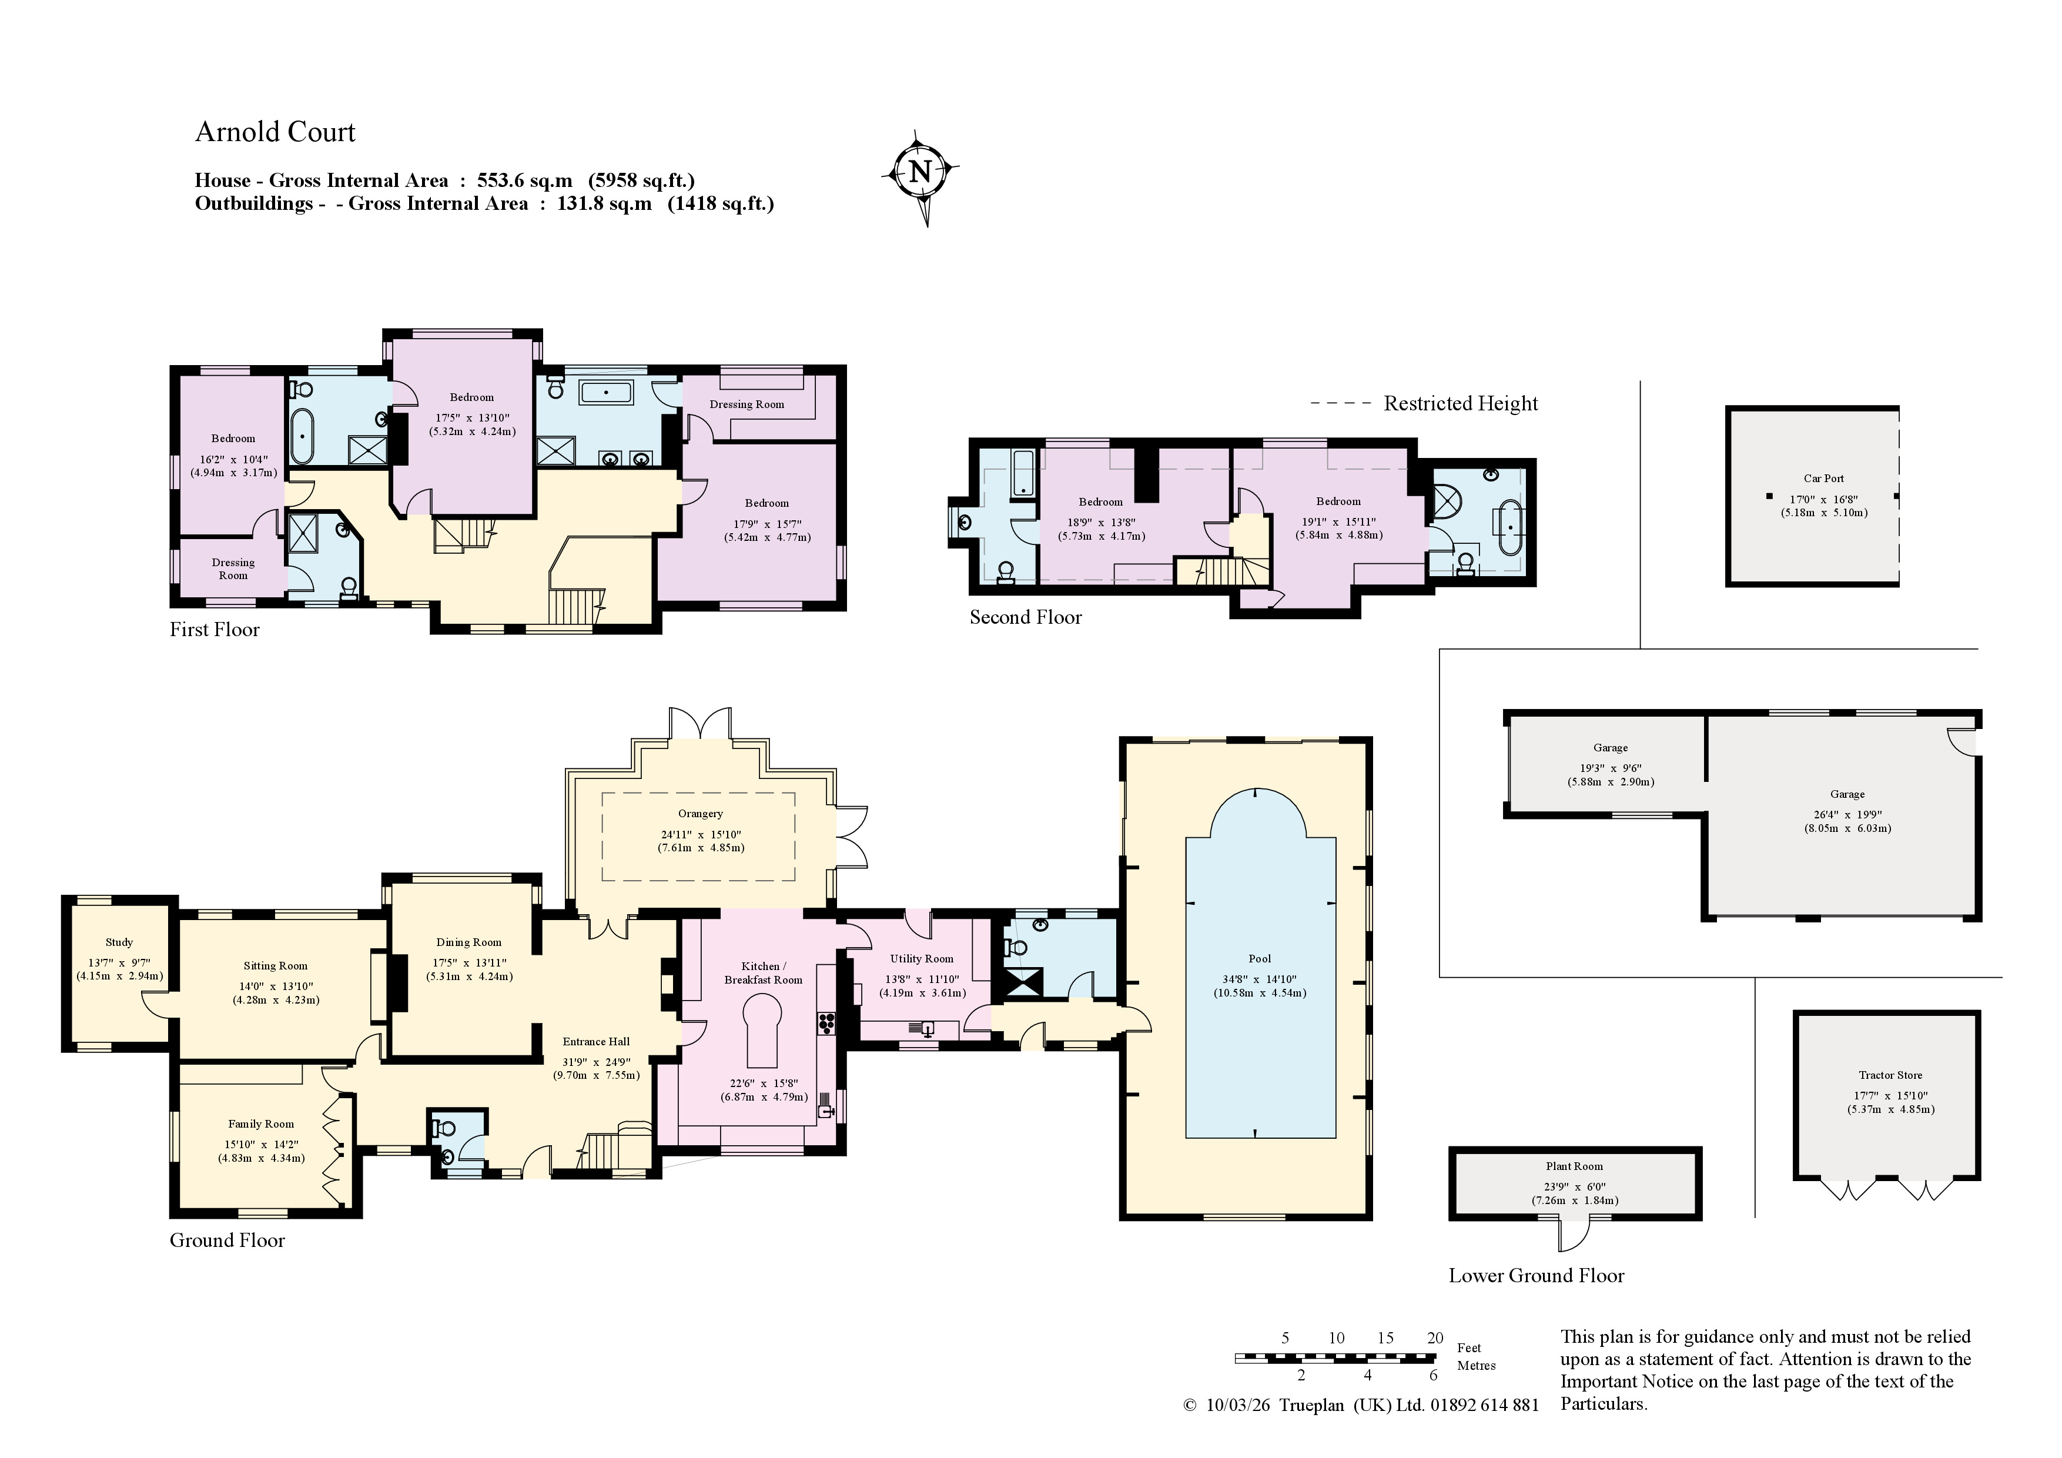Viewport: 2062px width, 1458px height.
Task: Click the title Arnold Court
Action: [275, 132]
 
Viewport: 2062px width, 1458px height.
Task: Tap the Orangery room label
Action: [701, 814]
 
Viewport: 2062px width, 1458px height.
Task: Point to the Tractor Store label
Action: [1890, 1075]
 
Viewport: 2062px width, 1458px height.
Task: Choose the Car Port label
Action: [1823, 479]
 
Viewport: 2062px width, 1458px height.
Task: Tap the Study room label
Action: [119, 942]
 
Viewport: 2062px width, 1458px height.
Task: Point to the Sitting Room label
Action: [275, 966]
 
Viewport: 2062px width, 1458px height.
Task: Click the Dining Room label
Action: [469, 942]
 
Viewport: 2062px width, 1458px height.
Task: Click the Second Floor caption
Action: [1026, 617]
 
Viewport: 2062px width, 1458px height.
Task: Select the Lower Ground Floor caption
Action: [1537, 1276]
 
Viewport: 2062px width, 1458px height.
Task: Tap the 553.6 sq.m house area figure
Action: [524, 180]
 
